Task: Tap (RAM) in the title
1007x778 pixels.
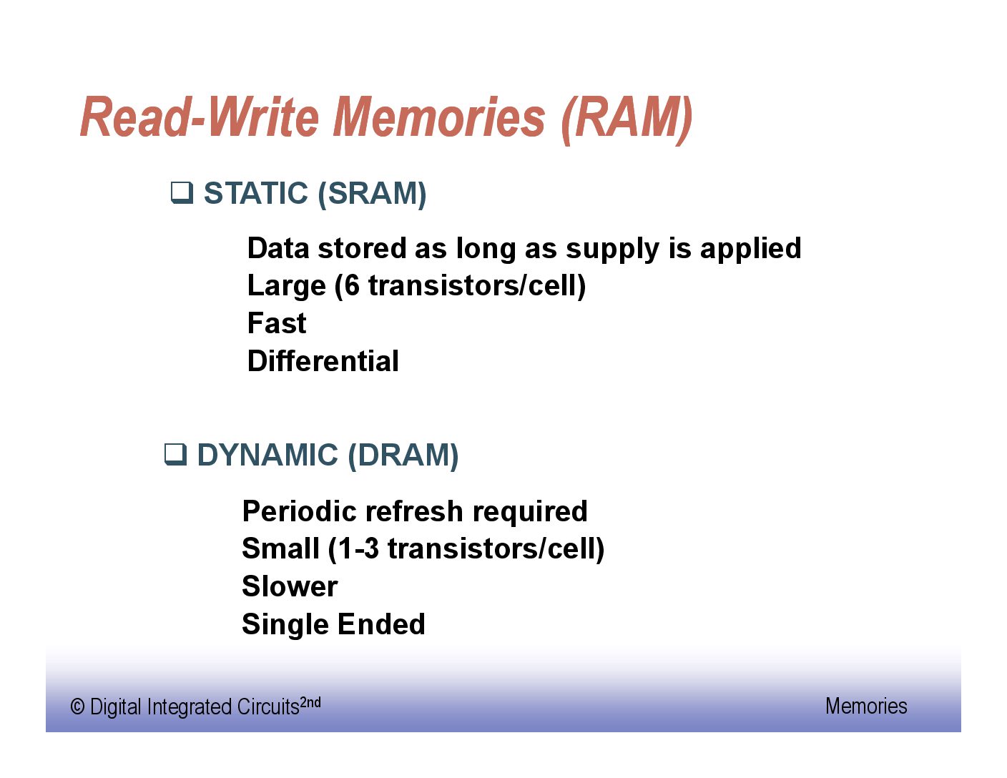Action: (x=627, y=119)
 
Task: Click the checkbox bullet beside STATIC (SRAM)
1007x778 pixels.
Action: (x=182, y=193)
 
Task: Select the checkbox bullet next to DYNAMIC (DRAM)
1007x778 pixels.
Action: (x=176, y=455)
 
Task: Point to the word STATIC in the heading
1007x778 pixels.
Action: (x=256, y=193)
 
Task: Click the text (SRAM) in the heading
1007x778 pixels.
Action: (x=372, y=194)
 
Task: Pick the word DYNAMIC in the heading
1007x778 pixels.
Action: (x=268, y=455)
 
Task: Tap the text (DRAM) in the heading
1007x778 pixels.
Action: (x=403, y=456)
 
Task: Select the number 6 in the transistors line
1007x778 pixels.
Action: (x=352, y=285)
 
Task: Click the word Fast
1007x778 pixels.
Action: (x=277, y=323)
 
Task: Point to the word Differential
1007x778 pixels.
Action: (x=323, y=361)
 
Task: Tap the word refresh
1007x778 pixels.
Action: (x=414, y=511)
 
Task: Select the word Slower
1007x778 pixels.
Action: (x=290, y=586)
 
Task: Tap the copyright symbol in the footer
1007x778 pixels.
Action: (x=77, y=707)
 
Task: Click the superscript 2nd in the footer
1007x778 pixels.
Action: (x=310, y=702)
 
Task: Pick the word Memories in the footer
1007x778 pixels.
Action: (x=866, y=706)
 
